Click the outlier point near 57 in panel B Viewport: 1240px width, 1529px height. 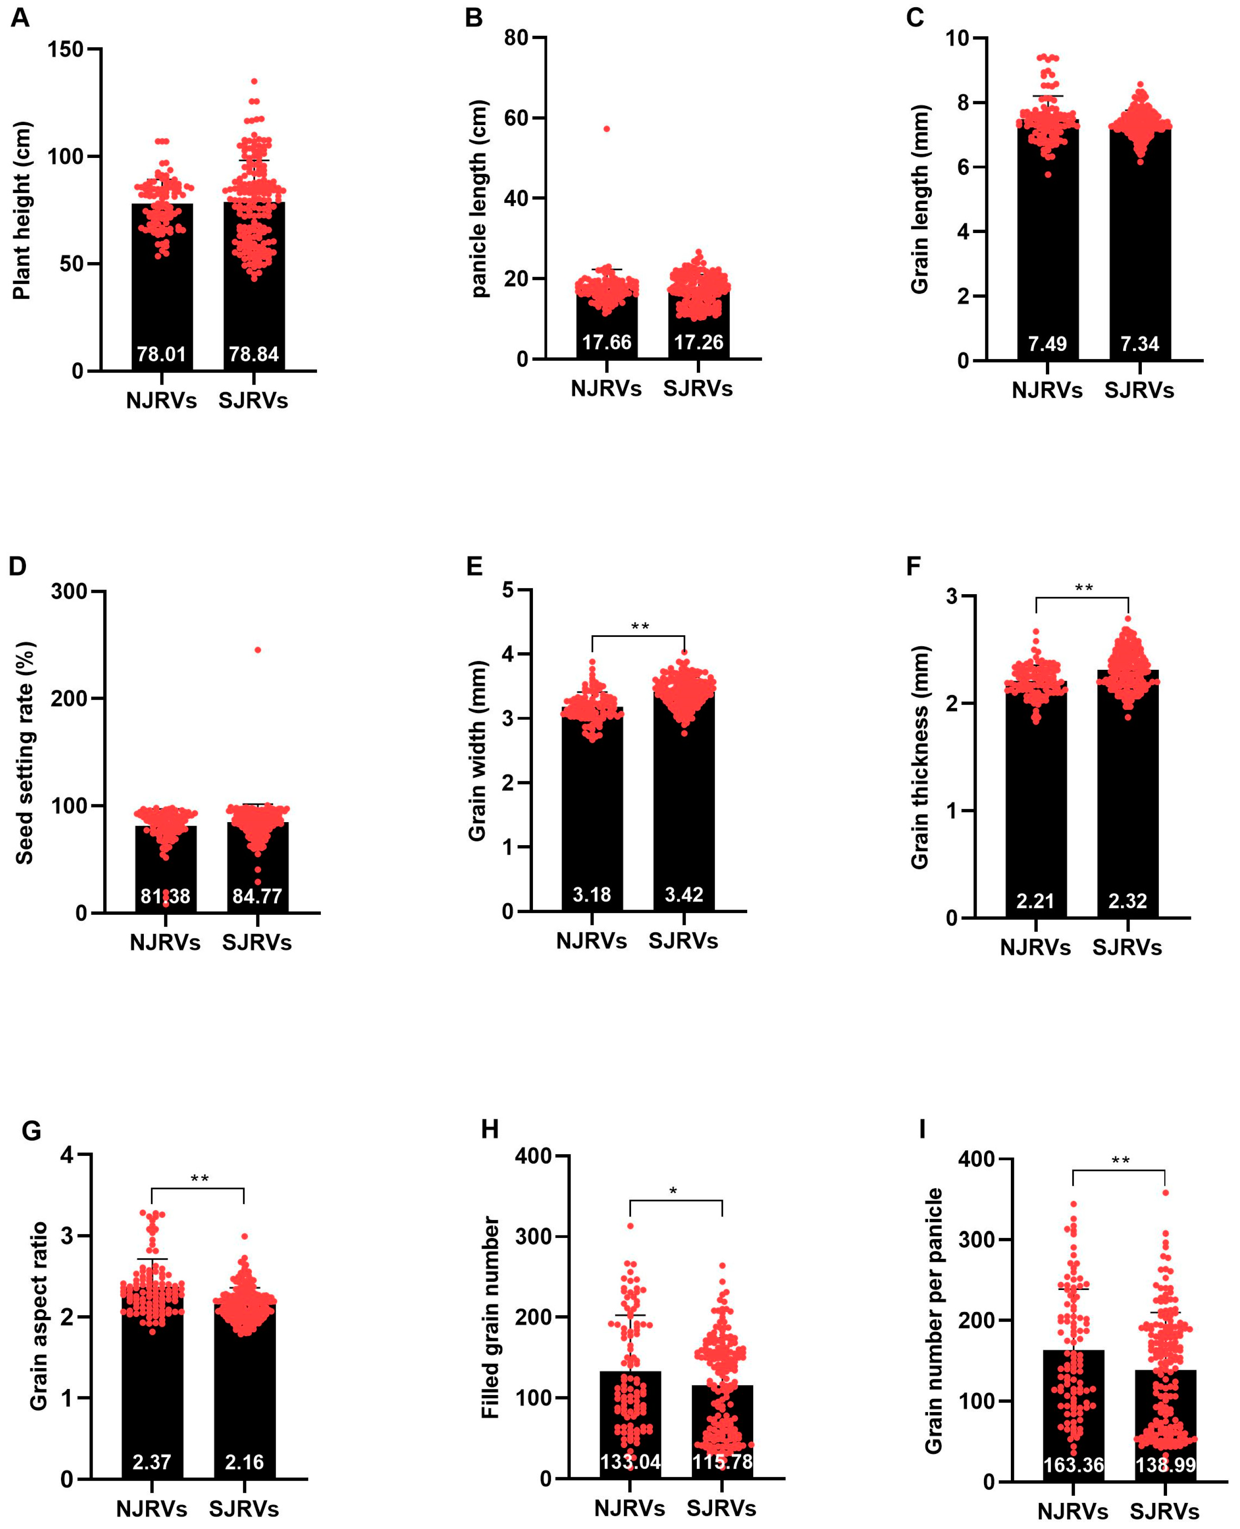606,128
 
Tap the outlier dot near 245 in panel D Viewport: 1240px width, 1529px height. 258,650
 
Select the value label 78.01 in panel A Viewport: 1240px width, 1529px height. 161,354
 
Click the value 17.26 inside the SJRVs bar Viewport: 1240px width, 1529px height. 699,342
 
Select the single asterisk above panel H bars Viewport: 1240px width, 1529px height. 673,1191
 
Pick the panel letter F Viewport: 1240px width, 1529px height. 913,566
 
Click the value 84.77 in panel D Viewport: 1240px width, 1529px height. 257,896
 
